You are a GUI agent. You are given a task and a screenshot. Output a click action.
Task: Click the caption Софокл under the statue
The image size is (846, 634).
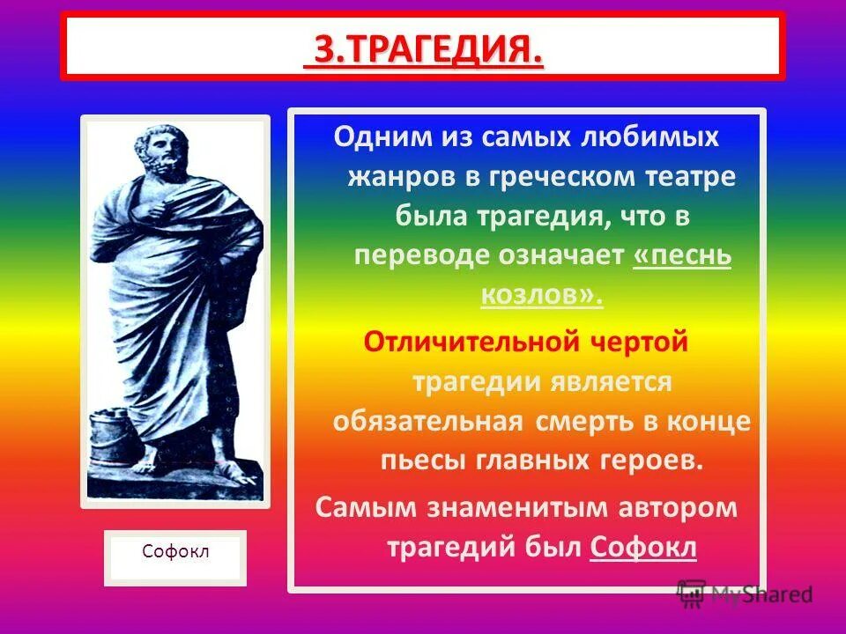point(175,552)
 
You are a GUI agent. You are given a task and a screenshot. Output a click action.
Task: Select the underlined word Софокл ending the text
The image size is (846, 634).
point(643,547)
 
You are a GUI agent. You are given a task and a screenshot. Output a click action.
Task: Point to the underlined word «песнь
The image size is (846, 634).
point(682,254)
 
